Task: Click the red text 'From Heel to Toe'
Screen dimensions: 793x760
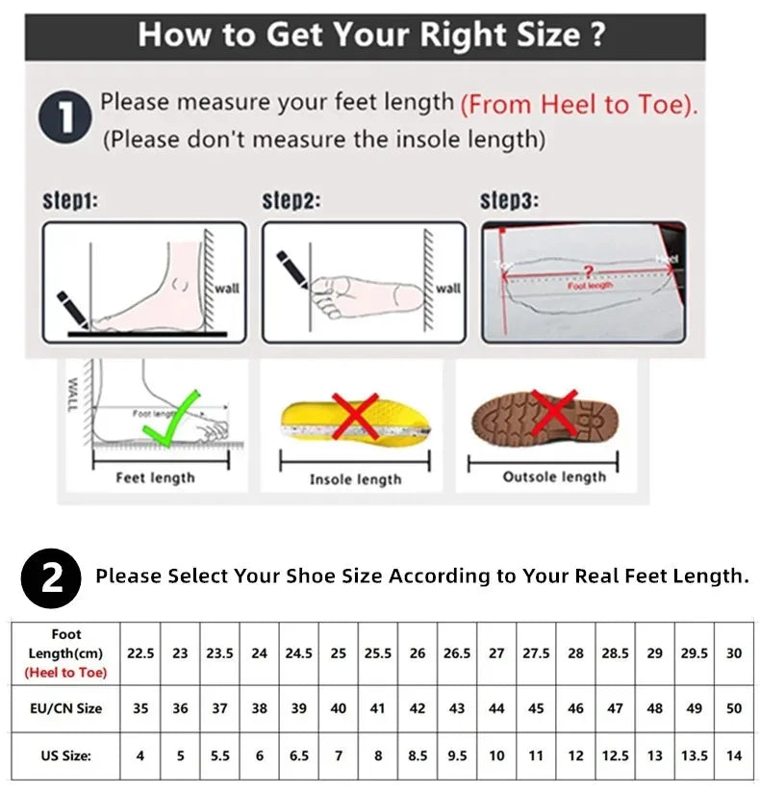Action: coord(578,104)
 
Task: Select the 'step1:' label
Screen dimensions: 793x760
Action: coord(70,201)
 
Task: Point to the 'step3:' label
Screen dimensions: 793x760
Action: coord(509,201)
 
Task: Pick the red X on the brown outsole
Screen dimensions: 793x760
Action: coord(552,414)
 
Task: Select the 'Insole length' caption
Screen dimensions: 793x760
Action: coord(355,479)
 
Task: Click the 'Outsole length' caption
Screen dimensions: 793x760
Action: coord(554,476)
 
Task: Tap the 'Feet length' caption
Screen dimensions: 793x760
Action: coord(155,477)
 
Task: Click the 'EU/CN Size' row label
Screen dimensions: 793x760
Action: coord(66,708)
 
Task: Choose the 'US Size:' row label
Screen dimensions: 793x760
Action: coord(66,756)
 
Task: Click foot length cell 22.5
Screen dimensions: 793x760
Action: coord(140,652)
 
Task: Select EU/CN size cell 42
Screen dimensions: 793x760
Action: coord(418,708)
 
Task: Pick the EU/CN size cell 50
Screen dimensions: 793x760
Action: coord(734,708)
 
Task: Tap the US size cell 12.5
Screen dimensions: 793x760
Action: coord(615,756)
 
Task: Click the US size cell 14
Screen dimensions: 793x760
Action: coord(734,756)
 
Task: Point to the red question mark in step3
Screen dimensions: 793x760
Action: coord(589,272)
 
